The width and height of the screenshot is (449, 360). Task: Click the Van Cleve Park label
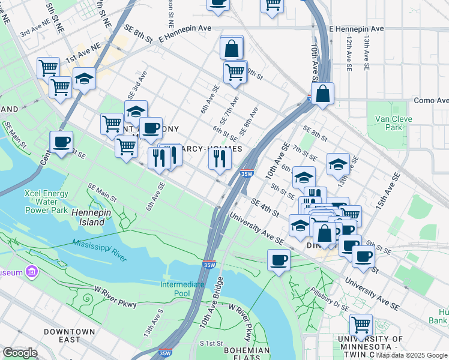point(393,123)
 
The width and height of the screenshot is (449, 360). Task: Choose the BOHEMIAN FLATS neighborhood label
point(247,355)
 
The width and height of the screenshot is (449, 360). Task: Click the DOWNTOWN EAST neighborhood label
point(70,335)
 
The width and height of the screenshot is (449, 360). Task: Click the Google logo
point(20,353)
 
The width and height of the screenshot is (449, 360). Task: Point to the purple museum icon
point(32,272)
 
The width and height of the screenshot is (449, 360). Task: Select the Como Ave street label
point(431,100)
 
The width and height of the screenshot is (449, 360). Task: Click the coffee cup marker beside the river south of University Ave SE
point(279,260)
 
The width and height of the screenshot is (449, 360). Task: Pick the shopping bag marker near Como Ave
point(322,94)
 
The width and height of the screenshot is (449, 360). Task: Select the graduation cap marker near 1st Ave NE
point(84,78)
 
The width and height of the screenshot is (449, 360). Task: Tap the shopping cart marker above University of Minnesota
point(360,325)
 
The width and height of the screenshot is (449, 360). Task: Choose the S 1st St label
point(211,343)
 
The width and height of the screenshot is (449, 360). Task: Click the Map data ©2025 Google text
point(412,355)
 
